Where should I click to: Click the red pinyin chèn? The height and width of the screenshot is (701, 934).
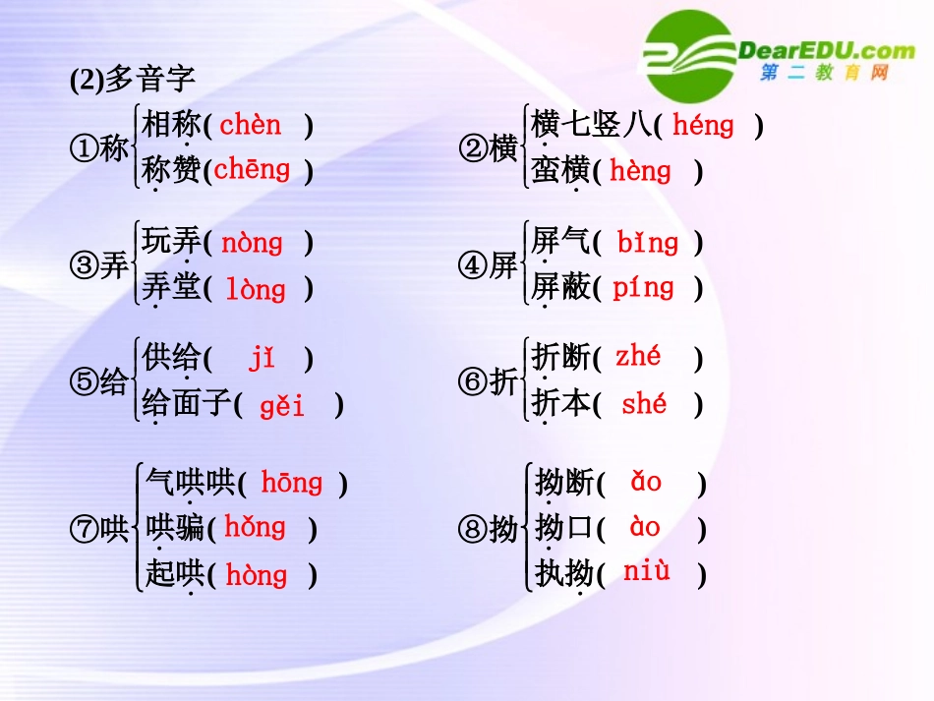click(x=250, y=125)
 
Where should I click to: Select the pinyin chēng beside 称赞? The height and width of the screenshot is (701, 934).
click(x=252, y=170)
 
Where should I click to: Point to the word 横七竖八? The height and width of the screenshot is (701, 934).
click(x=591, y=125)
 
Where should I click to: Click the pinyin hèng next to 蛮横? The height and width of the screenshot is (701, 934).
click(x=640, y=171)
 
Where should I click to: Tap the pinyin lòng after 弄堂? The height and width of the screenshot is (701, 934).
click(x=256, y=289)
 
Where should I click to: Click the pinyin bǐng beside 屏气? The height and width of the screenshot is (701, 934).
click(x=647, y=242)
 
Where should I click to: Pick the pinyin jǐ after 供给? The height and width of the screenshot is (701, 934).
click(x=262, y=359)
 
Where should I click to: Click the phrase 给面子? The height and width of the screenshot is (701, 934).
click(x=187, y=404)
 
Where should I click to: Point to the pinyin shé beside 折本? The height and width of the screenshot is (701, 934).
click(x=644, y=403)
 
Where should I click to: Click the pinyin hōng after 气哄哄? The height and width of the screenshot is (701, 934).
click(x=291, y=483)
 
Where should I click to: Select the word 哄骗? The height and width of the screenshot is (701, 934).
click(x=174, y=529)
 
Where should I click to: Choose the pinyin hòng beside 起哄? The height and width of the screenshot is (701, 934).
click(x=256, y=575)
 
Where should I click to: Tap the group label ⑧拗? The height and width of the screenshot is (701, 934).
click(x=488, y=530)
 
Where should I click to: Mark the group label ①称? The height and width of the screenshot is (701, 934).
click(x=99, y=149)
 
